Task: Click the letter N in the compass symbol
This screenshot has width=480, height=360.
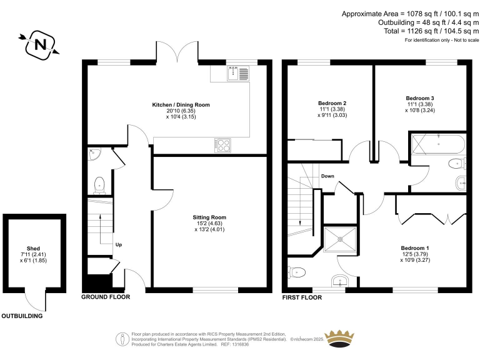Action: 40,45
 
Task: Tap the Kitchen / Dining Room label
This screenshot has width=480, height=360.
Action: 181,105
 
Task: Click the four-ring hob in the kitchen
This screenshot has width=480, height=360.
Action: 222,146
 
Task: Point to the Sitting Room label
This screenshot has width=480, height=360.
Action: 209,217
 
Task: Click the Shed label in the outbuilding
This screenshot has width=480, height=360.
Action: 33,249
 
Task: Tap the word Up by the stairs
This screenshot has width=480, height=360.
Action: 119,244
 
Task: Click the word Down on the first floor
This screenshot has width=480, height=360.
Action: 327,176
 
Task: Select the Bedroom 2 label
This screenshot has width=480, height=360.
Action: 332,103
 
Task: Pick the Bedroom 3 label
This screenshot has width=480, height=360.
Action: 420,98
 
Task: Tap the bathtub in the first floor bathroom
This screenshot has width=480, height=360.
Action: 438,144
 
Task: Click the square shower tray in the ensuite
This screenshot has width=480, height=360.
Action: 340,239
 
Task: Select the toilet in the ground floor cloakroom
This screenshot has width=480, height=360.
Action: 99,186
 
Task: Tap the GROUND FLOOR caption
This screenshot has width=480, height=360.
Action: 106,297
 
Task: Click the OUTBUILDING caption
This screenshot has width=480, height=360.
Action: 22,316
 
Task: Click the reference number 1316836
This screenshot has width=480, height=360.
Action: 241,344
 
